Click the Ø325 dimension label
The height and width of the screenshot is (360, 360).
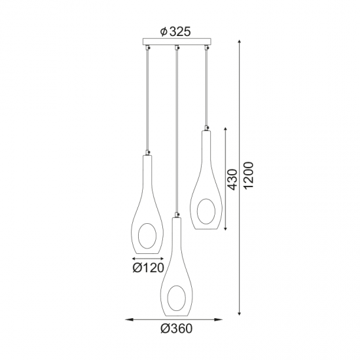(175, 31)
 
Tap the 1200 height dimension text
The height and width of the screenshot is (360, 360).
(249, 175)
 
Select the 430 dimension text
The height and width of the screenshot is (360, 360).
(232, 179)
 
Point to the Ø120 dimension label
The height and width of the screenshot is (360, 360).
(149, 268)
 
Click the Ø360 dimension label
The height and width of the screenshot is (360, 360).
(176, 329)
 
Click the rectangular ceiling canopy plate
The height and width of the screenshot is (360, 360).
(176, 41)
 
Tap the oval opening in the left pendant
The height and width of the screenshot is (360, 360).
(147, 236)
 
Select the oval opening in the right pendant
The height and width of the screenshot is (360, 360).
(206, 211)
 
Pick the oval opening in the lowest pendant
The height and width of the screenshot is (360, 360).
(176, 298)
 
